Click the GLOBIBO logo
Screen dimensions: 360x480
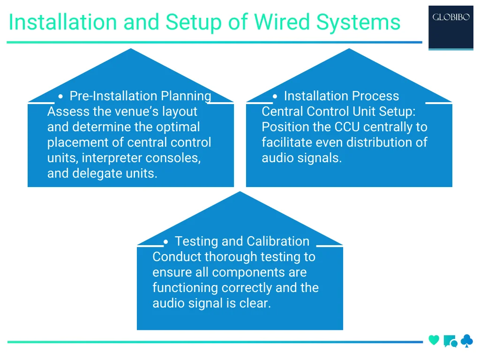(x=450, y=18)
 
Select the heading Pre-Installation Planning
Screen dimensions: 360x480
(x=140, y=96)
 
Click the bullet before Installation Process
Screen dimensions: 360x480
(x=275, y=96)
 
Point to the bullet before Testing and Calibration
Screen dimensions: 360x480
(x=166, y=242)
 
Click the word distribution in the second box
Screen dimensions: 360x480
(x=373, y=142)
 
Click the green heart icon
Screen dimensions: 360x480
(x=434, y=340)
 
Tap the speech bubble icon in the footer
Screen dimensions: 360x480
(x=450, y=341)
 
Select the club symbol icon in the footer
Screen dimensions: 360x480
(x=466, y=341)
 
